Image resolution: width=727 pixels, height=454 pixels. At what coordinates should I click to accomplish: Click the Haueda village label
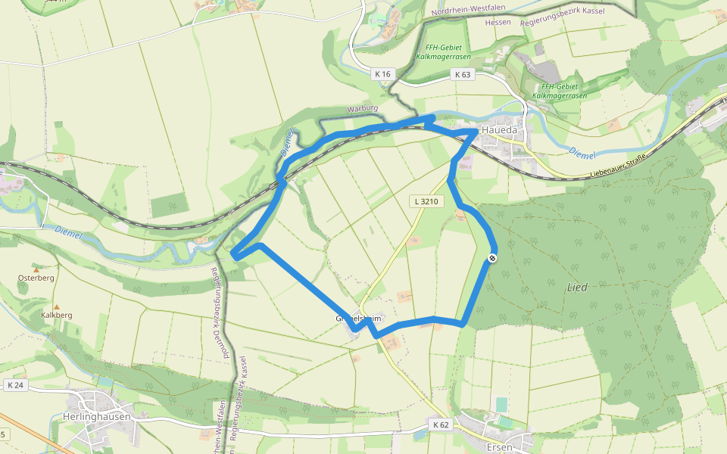pos(499,130)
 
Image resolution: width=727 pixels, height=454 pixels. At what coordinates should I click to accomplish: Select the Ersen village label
pos(501,447)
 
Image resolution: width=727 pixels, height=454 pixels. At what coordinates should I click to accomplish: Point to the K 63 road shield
pos(462,74)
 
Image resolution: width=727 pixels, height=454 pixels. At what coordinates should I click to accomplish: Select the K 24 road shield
pos(15,385)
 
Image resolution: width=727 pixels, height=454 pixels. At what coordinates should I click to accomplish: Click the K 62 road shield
pos(441,424)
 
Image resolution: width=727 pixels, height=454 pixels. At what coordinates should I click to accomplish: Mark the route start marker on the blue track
pos(492,258)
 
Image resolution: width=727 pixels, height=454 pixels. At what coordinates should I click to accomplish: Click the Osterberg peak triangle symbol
pos(36,269)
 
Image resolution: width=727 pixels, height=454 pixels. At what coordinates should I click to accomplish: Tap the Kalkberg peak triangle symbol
pos(56,306)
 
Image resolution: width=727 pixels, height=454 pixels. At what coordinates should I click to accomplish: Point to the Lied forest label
pos(577,288)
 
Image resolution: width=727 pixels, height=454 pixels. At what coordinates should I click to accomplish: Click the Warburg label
pos(360,109)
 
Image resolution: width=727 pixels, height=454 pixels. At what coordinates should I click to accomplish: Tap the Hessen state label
pos(498,22)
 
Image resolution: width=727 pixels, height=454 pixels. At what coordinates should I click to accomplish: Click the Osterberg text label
pos(36,278)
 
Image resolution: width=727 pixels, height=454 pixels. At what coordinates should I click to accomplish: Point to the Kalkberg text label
pos(56,315)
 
